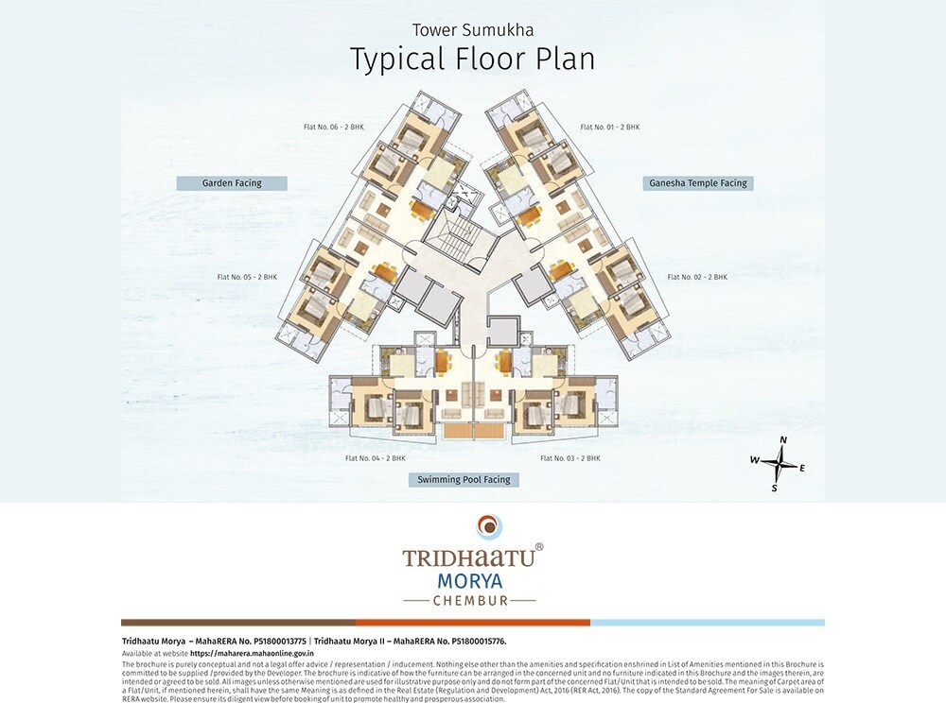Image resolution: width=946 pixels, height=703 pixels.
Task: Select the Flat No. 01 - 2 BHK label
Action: point(609,127)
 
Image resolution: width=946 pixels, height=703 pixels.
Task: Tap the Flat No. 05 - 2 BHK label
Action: point(247,277)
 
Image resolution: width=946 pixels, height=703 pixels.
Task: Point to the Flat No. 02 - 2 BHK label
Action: point(697,277)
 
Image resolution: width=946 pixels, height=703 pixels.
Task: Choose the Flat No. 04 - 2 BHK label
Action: point(375,458)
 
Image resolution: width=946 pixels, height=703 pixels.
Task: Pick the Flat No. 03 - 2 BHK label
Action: point(570,458)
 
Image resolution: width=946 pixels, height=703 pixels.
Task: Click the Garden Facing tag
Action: point(232,183)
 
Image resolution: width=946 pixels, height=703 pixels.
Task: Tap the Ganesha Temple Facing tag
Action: point(698,183)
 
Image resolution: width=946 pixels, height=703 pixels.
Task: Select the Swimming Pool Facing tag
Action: point(464,480)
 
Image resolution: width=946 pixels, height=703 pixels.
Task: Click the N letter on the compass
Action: point(783,440)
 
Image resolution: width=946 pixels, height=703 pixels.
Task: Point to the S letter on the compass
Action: point(774,488)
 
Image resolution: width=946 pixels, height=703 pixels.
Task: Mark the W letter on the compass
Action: point(755,459)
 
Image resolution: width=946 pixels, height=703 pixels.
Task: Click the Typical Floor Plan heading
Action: point(472,59)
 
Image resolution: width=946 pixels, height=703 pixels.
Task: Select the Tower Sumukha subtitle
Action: point(472,29)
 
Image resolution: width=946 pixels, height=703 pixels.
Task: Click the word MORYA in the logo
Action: point(469,579)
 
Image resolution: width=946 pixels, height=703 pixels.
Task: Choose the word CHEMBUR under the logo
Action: point(469,600)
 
